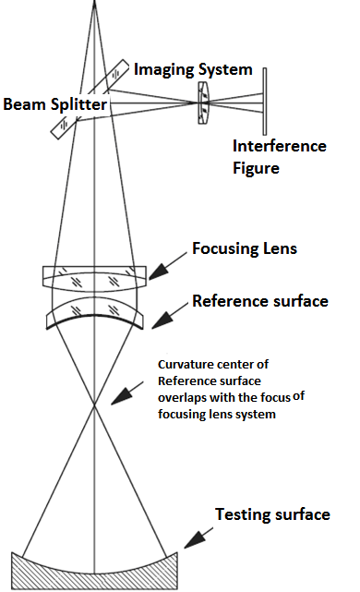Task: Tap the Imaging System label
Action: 193,68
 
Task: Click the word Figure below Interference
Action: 256,168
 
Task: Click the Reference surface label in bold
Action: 259,301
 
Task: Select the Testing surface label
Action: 271,514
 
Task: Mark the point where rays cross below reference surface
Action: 95,405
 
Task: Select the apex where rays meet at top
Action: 95,4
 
